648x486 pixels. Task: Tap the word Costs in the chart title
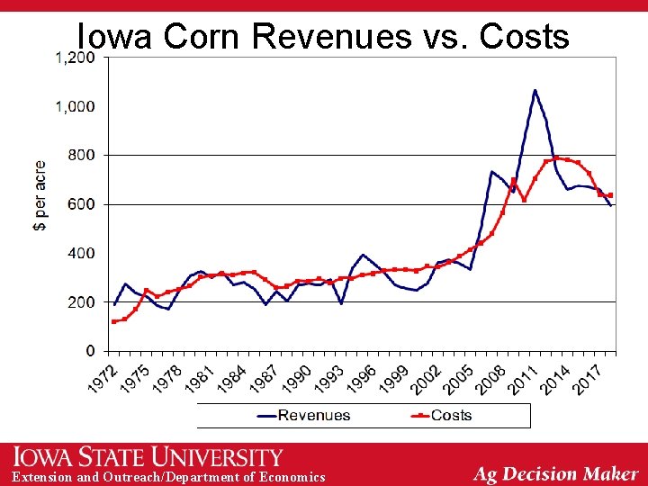coord(525,35)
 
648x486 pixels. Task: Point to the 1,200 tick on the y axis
coord(76,58)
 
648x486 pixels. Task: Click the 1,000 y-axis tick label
coord(76,106)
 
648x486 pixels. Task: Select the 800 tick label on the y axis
coord(82,156)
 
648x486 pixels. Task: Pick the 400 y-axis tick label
coord(82,253)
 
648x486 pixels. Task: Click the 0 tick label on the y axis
coord(91,351)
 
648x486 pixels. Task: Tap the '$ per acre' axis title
coord(40,195)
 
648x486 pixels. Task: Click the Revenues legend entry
coord(304,415)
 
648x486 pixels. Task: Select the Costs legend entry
coord(441,415)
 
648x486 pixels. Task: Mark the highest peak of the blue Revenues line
coord(535,90)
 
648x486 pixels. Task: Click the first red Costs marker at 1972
coord(114,321)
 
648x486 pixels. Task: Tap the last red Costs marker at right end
coord(610,195)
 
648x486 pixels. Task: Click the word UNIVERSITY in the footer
coord(217,456)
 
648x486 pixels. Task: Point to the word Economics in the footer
coord(292,476)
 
